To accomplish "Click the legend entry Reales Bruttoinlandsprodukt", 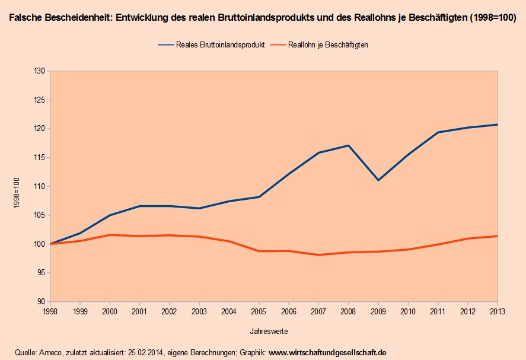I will pos(220,44).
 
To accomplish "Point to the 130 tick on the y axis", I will pos(40,71).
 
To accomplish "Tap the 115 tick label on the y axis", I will pos(40,158).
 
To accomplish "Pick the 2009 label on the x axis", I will pos(378,311).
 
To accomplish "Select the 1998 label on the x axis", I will pos(50,311).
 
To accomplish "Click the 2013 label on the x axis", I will pos(497,311).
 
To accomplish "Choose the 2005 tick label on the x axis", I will pos(259,311).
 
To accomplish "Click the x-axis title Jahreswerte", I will pos(273,330).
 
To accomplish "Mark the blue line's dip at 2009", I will pos(378,180).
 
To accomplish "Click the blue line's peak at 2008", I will pos(348,145).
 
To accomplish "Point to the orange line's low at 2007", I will pos(318,255).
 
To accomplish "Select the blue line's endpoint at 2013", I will pos(497,125).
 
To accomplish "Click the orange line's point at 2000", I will pos(110,235).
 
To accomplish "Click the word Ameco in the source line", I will pos(50,352).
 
